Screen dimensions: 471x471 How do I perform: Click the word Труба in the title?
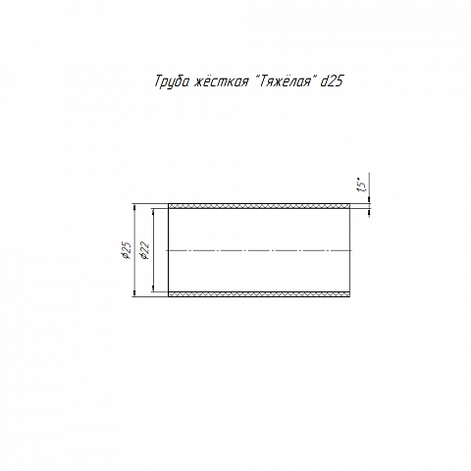(x=172, y=81)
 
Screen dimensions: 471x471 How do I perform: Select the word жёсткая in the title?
(x=221, y=81)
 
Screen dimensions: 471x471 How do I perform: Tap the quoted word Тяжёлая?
(x=286, y=81)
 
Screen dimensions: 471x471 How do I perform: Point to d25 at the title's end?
(x=332, y=81)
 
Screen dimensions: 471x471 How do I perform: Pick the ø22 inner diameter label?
(x=144, y=251)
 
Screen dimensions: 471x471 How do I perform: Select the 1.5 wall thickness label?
(x=362, y=185)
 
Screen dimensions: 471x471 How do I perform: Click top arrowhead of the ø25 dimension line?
(x=134, y=207)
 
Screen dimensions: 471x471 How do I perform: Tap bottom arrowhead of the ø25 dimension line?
(x=134, y=293)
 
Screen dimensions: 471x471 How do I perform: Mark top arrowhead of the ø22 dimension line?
(x=153, y=212)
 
